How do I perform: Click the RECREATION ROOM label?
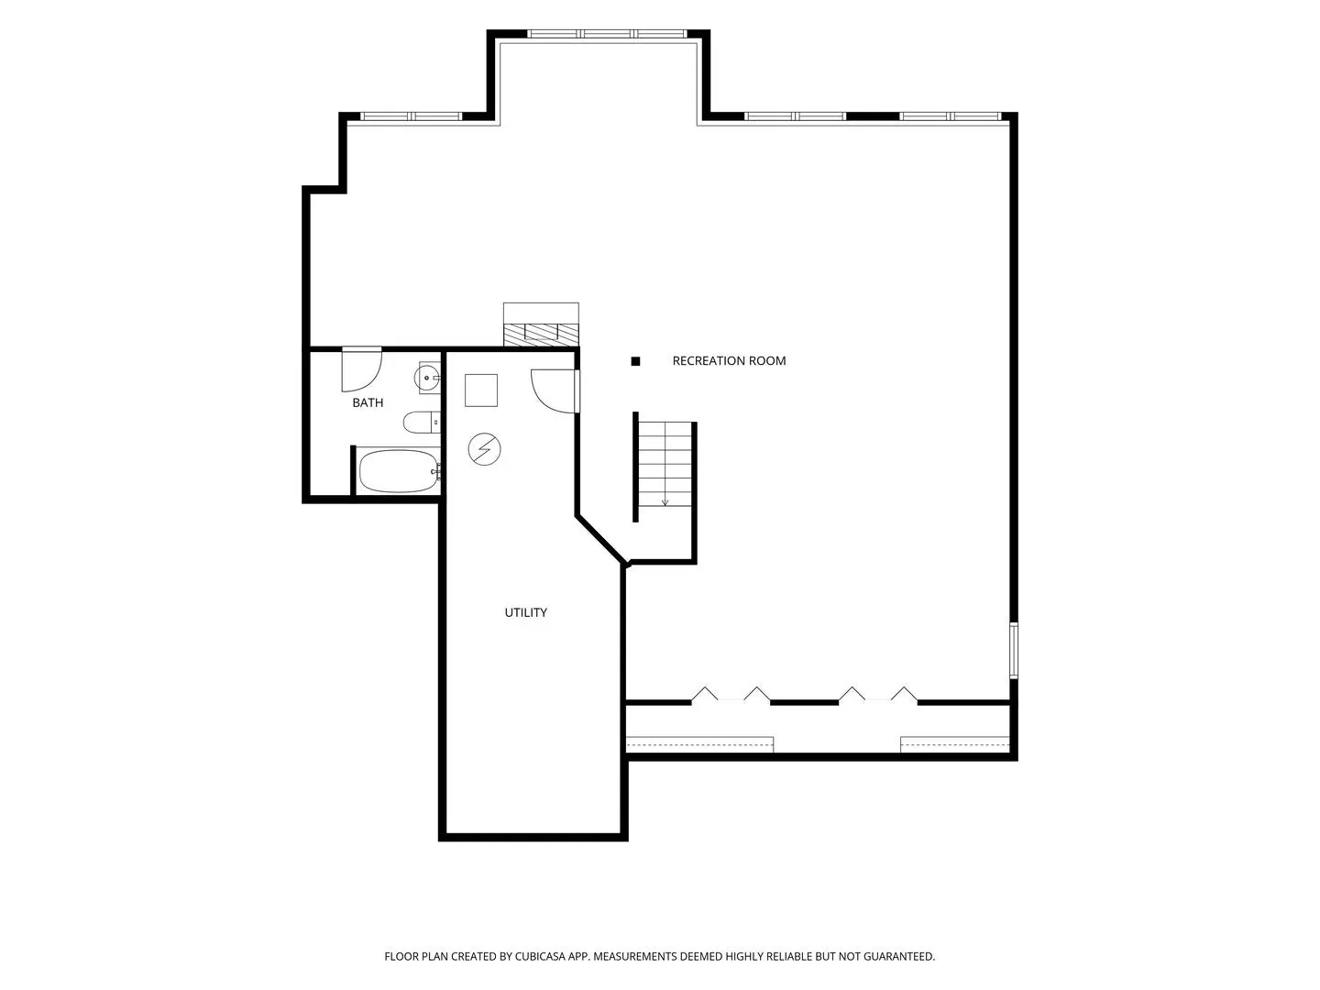728,360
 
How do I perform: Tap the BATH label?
368,402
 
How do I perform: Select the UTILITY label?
525,612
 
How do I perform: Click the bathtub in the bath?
399,471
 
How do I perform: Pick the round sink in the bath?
427,378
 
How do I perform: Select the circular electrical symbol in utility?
484,449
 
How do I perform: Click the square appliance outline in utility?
481,390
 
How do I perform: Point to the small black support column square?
635,361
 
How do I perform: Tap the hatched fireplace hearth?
541,335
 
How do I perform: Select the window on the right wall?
1013,651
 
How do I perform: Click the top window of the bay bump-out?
607,34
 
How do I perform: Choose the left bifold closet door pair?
730,694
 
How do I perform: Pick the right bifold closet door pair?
878,694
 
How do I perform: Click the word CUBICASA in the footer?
540,956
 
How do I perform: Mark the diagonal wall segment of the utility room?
600,539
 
